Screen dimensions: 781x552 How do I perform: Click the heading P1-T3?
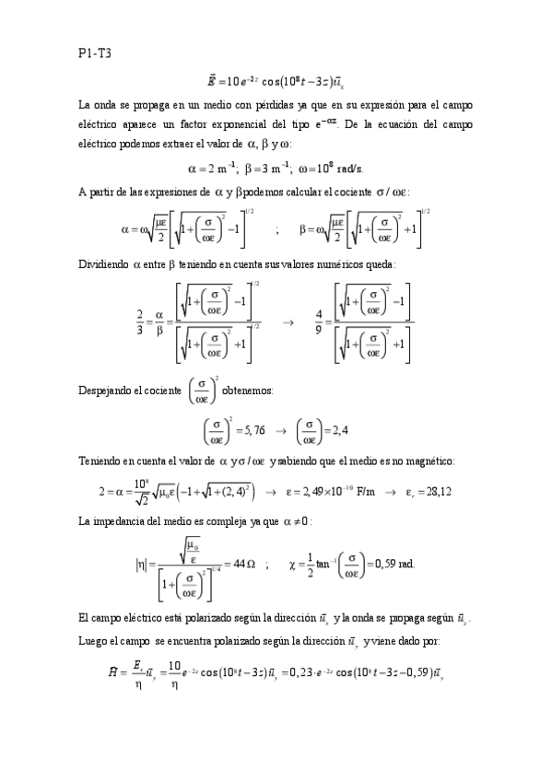coord(94,54)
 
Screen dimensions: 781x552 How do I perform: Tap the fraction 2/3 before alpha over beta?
coord(139,322)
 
